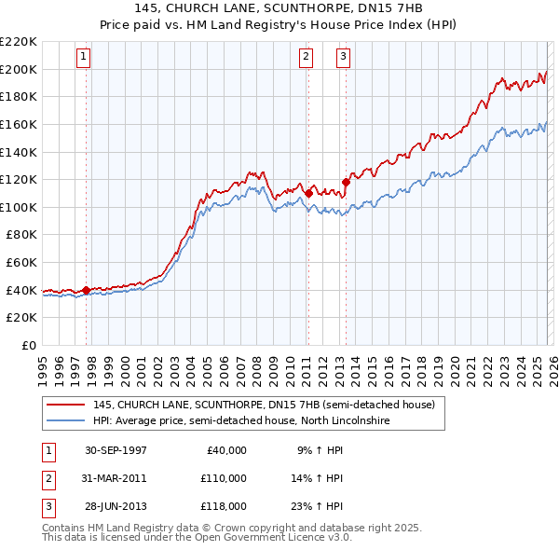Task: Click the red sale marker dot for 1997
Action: point(87,290)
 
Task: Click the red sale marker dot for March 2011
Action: point(308,193)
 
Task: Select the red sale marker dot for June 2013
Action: point(346,182)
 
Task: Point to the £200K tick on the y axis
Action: point(19,69)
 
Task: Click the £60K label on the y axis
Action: point(21,263)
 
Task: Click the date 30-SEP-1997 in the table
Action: point(116,450)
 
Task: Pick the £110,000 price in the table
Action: point(224,478)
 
